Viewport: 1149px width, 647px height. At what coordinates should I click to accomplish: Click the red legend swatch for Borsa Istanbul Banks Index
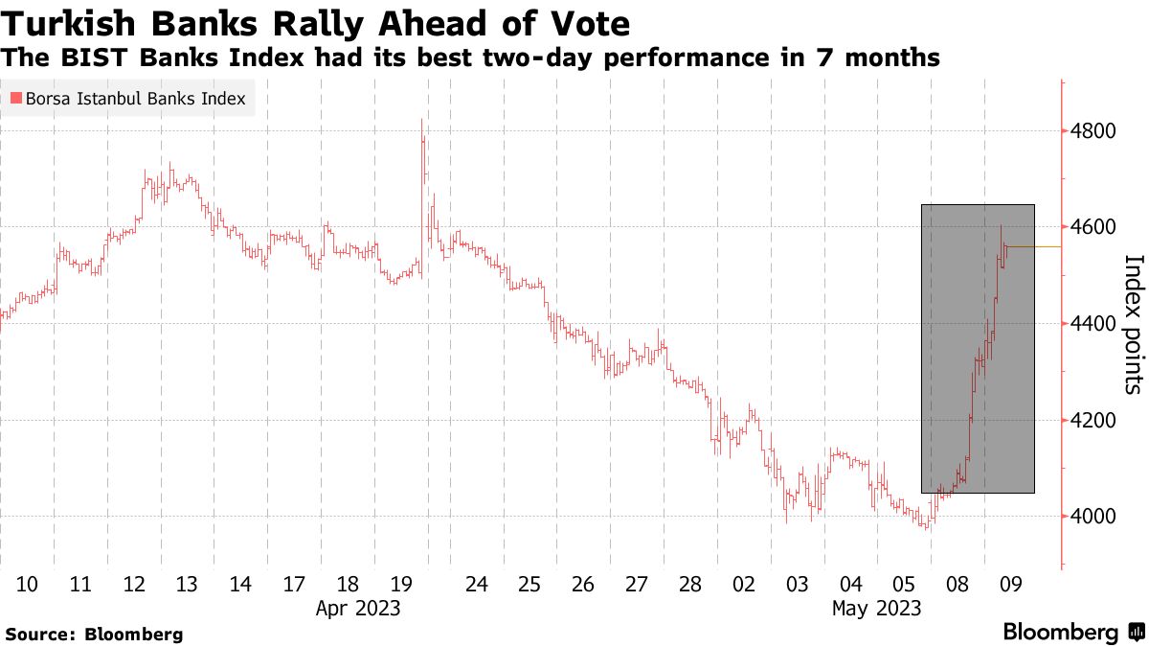pos(15,99)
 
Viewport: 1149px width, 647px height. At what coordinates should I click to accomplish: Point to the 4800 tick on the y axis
pos(1093,130)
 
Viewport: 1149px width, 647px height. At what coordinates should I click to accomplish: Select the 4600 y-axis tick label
pos(1093,227)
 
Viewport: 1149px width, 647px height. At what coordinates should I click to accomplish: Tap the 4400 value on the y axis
pos(1093,324)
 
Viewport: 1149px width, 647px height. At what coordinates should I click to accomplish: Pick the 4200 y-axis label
pos(1093,421)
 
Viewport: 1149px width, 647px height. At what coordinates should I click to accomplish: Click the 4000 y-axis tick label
pos(1093,518)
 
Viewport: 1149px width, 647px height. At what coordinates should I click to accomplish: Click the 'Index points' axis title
pos(1132,324)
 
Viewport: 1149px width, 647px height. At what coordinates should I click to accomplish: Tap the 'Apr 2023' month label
pos(357,608)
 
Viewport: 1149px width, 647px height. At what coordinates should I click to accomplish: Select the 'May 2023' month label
pos(876,608)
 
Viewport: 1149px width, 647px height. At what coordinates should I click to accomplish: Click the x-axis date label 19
pos(401,584)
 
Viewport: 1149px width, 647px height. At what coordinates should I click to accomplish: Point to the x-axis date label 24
pos(476,584)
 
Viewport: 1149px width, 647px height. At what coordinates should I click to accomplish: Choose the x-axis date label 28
pos(689,584)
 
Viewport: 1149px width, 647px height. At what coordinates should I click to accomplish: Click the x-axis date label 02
pos(743,584)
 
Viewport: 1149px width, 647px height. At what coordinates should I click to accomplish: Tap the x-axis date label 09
pos(1010,584)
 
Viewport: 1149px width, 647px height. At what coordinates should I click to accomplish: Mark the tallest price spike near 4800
pos(421,123)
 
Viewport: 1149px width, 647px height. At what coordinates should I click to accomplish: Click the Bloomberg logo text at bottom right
pos(1060,633)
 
